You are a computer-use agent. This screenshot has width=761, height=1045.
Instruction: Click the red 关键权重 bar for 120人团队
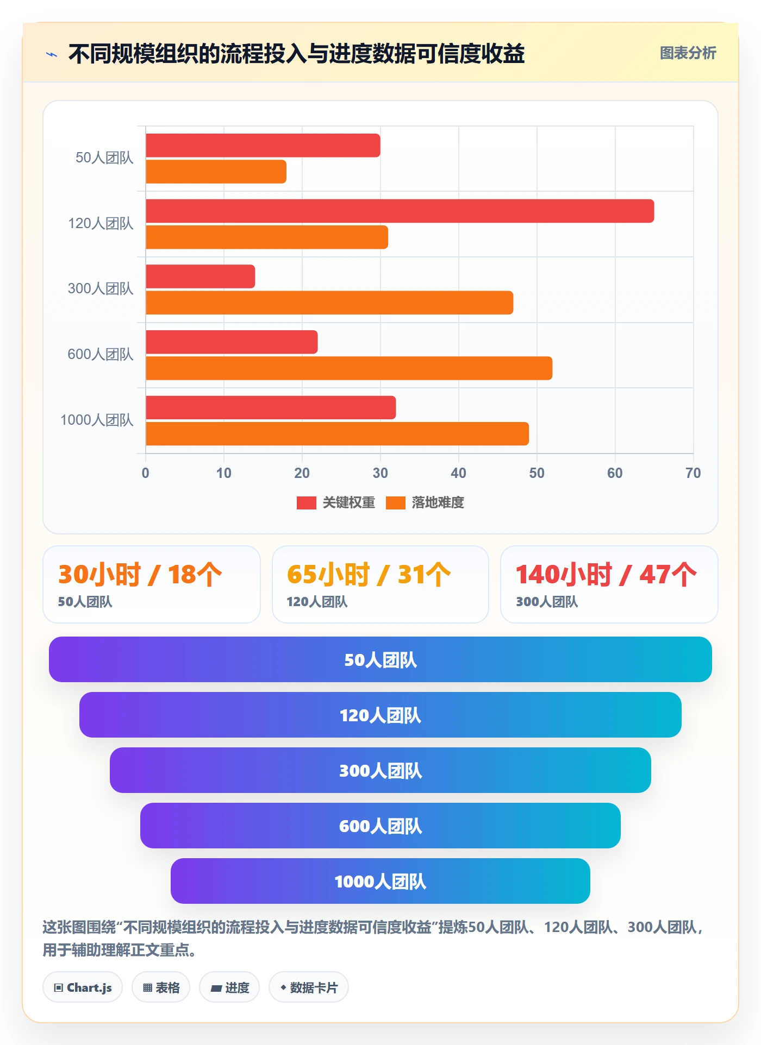400,211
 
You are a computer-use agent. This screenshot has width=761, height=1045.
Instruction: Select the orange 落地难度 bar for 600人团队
349,368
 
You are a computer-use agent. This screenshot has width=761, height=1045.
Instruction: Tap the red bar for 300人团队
201,276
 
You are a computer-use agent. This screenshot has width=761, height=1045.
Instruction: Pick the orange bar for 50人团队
216,172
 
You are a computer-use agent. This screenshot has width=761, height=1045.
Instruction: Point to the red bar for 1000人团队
271,407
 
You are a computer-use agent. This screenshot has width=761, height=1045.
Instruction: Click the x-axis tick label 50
537,473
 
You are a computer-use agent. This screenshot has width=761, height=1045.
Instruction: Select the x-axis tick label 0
145,473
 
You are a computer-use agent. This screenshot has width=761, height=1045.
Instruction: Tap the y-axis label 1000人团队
97,420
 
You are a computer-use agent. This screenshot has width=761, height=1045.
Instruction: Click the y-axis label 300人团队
101,288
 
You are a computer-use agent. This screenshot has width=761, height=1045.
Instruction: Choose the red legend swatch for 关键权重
307,503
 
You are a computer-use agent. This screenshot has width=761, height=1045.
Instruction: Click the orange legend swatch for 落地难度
396,503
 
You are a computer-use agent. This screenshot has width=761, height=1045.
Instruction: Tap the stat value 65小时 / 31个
369,574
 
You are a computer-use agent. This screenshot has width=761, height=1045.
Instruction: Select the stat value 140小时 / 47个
606,574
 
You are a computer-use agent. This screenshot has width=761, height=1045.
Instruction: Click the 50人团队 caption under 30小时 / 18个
85,602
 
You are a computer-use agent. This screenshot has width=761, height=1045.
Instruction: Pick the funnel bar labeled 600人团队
380,826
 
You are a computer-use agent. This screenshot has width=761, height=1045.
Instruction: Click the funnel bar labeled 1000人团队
380,881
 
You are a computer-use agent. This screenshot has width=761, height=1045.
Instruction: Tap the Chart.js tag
83,987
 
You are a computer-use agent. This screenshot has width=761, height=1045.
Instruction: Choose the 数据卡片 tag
309,987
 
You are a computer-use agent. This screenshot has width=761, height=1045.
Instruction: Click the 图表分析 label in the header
688,53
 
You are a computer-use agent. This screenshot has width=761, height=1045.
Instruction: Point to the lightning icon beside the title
52,54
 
